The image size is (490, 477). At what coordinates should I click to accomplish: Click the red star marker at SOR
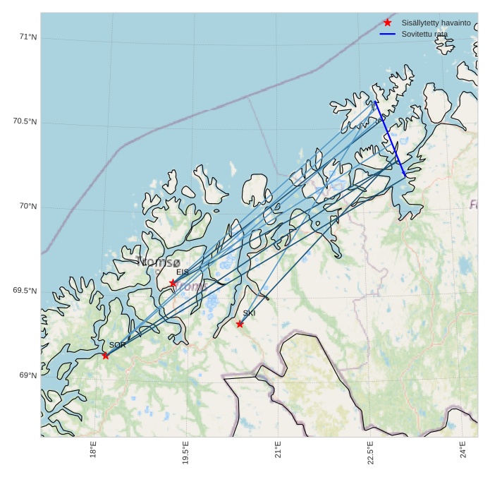106,355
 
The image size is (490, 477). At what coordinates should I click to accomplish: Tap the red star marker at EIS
173,283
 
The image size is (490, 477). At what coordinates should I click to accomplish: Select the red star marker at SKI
240,324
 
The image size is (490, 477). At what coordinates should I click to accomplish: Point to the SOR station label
117,345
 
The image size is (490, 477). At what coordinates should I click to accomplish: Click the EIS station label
183,272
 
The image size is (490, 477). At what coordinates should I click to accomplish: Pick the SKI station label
249,313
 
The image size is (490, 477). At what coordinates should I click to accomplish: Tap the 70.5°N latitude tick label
25,121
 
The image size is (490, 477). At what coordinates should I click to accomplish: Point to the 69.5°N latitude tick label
25,291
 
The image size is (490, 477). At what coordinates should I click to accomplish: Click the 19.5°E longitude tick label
185,452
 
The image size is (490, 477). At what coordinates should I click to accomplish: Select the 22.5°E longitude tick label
370,452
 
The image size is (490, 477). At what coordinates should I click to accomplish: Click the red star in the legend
387,23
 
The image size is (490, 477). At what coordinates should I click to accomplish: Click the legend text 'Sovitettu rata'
424,34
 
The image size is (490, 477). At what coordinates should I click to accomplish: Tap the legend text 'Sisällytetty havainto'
436,23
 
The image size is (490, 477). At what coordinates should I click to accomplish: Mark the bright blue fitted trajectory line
390,138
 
